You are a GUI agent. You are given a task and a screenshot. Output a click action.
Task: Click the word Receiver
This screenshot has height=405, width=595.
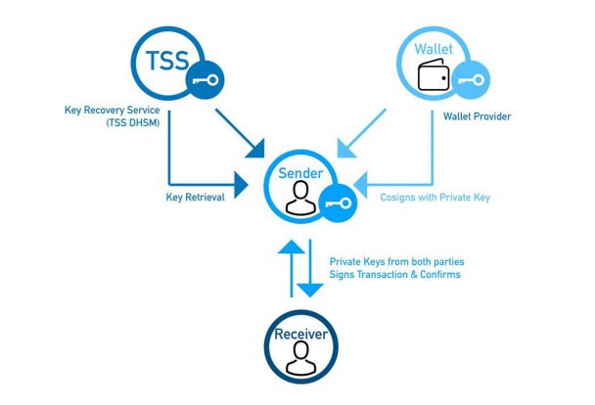(x=298, y=336)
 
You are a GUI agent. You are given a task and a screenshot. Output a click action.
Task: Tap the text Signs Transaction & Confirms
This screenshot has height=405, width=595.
(x=394, y=275)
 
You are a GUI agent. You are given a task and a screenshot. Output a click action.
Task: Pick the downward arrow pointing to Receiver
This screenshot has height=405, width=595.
(x=310, y=270)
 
